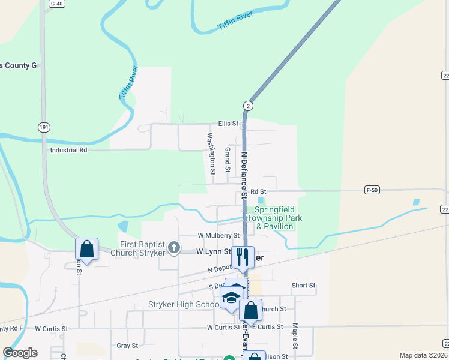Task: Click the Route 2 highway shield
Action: pos(249,106)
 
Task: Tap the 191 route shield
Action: pos(43,127)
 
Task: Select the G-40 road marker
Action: pos(56,4)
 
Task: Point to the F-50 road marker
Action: pos(372,190)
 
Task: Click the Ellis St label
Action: pos(228,124)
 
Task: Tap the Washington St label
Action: pos(211,154)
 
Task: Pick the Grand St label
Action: pos(228,159)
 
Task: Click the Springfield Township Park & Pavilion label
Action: pos(278,218)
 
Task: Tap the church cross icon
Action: pos(173,247)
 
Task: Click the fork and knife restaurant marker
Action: pos(243,257)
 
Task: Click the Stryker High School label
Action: pos(184,305)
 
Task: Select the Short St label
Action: pos(303,286)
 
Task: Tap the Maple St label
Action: pos(295,337)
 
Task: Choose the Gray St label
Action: pos(127,346)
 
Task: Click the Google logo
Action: pos(20,353)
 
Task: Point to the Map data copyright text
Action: pos(423,355)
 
